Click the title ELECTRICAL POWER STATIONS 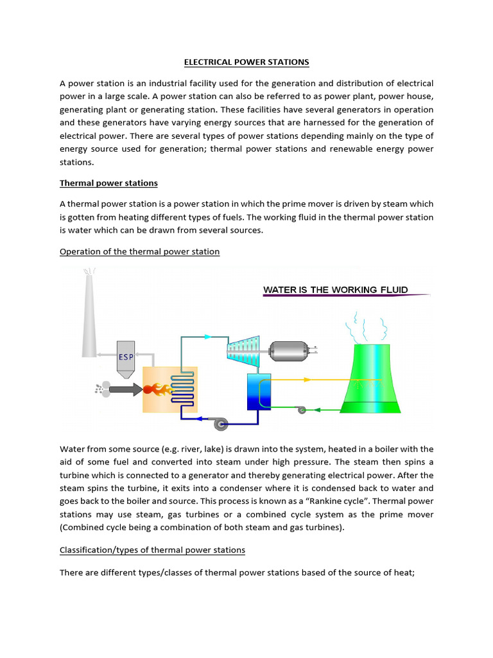pyautogui.click(x=246, y=62)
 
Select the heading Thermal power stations pyautogui.click(x=108, y=183)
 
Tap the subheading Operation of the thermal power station pyautogui.click(x=139, y=252)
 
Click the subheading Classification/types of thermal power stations pyautogui.click(x=152, y=550)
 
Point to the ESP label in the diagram pyautogui.click(x=126, y=357)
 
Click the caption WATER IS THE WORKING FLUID pyautogui.click(x=335, y=290)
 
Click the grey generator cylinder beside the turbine pyautogui.click(x=290, y=351)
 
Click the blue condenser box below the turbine pyautogui.click(x=259, y=391)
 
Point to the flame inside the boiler pyautogui.click(x=157, y=389)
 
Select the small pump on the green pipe pyautogui.click(x=301, y=410)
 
